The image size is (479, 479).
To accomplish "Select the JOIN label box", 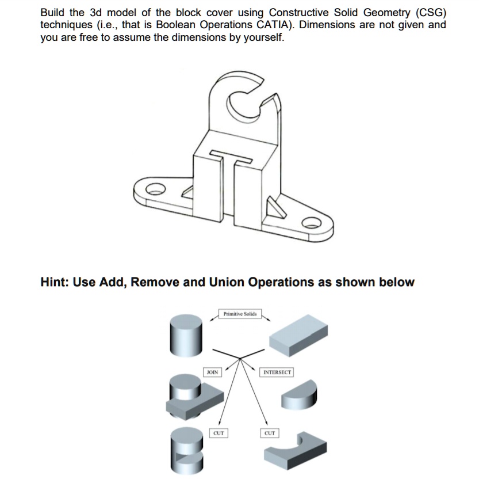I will tap(212, 372).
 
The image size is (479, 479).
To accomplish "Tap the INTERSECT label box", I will tap(277, 372).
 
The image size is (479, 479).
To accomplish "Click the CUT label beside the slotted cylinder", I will tap(219, 432).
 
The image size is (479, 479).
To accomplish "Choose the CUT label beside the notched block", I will tap(269, 432).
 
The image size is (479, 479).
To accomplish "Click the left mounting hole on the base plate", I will tap(152, 187).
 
